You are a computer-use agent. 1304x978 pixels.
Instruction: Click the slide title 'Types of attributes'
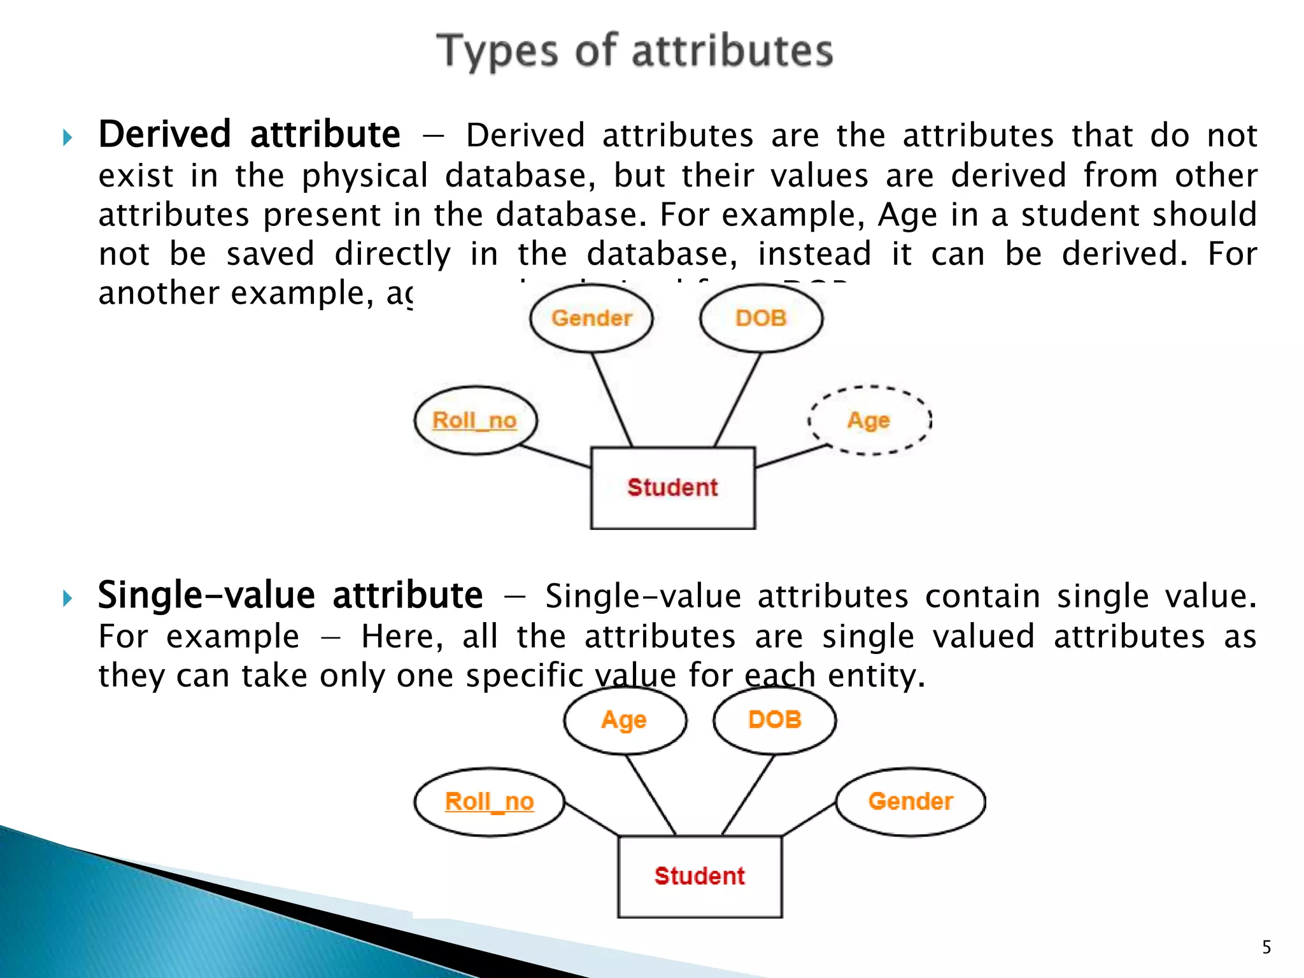[635, 51]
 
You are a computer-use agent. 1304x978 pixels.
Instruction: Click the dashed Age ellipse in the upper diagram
[869, 420]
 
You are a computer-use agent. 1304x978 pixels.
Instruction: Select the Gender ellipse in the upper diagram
[592, 318]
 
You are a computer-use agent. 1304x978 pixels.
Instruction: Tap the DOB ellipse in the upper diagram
[761, 318]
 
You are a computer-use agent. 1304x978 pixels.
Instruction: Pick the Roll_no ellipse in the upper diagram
[475, 420]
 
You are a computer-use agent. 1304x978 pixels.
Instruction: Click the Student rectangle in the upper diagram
[672, 488]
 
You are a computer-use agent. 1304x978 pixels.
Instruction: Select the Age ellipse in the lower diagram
[625, 720]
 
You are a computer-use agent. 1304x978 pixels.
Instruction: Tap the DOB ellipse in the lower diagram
[774, 720]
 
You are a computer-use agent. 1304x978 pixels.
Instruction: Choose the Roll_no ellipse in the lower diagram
[489, 802]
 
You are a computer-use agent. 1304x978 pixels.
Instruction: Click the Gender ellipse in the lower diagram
[911, 802]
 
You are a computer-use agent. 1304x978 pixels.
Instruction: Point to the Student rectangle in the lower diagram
[699, 876]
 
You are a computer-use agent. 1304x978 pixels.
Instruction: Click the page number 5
[1266, 947]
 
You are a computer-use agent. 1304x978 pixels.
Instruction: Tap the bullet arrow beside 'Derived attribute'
[68, 138]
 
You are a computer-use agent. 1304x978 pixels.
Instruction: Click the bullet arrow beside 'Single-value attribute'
[68, 598]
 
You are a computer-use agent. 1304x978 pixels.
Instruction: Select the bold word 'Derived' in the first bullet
[164, 135]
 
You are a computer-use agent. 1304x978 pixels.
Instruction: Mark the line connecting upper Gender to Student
[612, 400]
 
